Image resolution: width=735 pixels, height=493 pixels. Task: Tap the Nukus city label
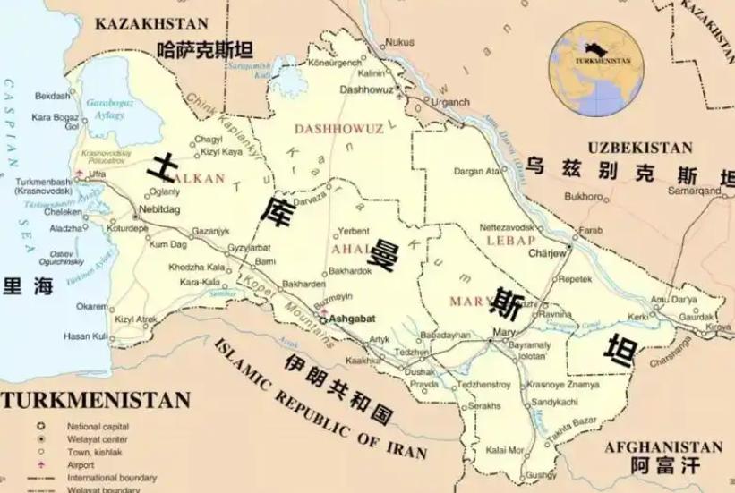pos(399,42)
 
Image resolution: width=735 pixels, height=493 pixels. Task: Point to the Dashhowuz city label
pos(367,90)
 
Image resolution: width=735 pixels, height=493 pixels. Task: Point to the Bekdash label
pos(52,95)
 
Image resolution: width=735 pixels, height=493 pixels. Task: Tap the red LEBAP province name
pos(510,241)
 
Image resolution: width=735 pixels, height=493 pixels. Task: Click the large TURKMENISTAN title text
pos(96,400)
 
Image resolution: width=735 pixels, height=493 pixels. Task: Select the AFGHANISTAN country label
pos(662,446)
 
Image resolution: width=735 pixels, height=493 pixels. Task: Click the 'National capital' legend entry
pos(98,427)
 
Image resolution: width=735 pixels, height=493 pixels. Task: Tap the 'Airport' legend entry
pos(81,465)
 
